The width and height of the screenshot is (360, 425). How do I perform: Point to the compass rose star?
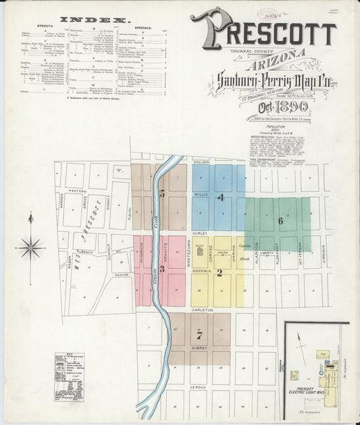click(x=30, y=248)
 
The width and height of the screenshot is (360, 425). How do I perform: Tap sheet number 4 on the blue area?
click(x=220, y=197)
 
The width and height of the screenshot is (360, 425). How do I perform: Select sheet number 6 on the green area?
click(x=280, y=221)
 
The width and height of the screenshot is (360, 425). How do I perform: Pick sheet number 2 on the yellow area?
click(x=220, y=273)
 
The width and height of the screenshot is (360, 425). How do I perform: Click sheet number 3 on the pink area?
click(x=162, y=268)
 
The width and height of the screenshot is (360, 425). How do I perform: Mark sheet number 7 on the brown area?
click(x=199, y=335)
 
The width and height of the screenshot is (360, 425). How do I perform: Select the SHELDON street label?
click(x=202, y=162)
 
